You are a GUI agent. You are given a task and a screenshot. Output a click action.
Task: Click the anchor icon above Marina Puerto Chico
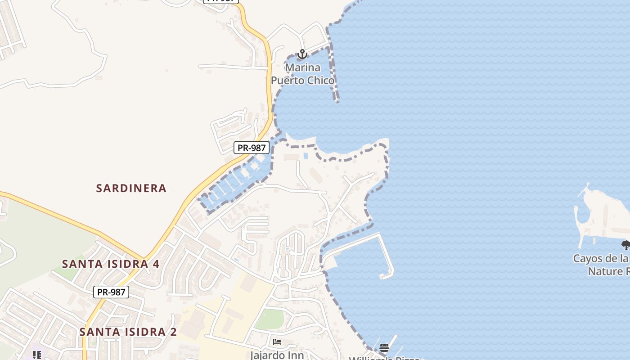[x=302, y=54]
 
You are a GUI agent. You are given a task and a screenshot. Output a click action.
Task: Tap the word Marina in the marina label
[x=303, y=68]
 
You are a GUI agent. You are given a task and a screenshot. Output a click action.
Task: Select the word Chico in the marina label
[x=319, y=81]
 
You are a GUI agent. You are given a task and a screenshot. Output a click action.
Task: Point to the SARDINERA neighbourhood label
[x=131, y=188]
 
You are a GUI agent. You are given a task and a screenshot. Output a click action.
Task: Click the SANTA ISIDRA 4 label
[x=111, y=264]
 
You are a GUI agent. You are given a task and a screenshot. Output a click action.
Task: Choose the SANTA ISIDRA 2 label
[x=128, y=332]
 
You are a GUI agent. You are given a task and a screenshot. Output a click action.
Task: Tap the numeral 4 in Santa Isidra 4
[x=155, y=264]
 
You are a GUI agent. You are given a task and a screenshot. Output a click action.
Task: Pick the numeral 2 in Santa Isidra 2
[x=173, y=332]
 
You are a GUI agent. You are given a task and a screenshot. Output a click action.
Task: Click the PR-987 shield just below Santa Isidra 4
[x=111, y=292]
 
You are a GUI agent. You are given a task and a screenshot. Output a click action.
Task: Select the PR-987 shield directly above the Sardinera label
[x=252, y=148]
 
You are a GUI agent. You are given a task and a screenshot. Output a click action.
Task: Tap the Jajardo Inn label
[x=277, y=355]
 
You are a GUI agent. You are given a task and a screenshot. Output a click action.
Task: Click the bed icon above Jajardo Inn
[x=277, y=342]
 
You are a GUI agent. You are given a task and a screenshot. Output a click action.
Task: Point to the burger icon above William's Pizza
[x=384, y=347]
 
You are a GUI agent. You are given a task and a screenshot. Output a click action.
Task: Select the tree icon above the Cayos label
[x=625, y=245]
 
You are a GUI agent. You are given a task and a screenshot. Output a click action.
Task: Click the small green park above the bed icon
[x=270, y=319]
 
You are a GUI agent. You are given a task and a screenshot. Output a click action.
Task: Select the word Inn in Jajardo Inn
[x=296, y=355]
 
